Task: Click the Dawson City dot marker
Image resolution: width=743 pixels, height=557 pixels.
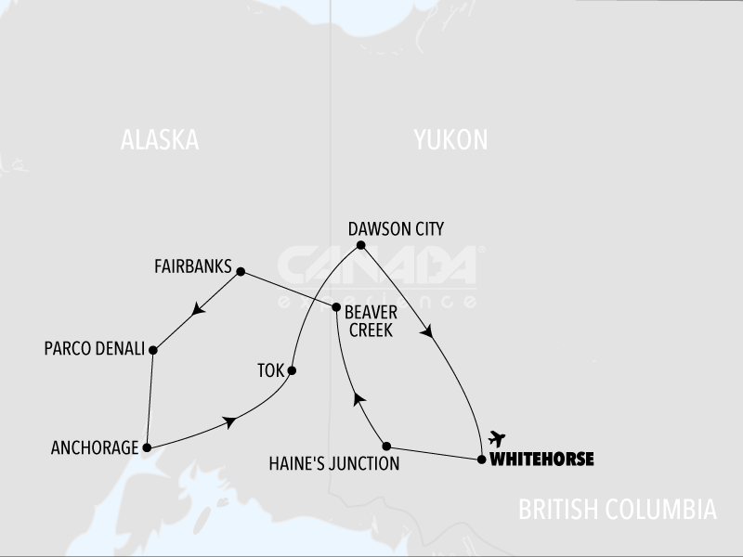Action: point(361,246)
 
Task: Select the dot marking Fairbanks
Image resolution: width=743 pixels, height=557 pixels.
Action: point(241,272)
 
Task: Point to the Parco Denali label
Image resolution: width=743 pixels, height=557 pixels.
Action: point(94,350)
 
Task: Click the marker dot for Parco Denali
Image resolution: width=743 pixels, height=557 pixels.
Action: point(153,350)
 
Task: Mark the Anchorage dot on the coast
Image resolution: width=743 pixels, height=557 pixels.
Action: point(147,448)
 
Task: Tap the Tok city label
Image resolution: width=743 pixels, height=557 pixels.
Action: point(269,371)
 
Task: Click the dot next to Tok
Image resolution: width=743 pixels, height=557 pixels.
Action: point(292,370)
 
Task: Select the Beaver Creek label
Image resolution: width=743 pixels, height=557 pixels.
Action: point(371,321)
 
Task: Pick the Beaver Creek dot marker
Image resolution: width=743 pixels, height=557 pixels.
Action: point(334,306)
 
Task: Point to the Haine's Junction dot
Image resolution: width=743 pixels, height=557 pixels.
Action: point(386,446)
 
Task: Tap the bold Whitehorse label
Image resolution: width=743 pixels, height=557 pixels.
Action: point(541,460)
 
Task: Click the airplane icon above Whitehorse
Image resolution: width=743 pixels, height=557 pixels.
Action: point(497,437)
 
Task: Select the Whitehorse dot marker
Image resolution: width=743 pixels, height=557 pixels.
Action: point(481,460)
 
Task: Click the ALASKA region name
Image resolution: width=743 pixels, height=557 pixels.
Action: point(160,140)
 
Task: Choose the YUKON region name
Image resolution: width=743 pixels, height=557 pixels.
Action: point(450,140)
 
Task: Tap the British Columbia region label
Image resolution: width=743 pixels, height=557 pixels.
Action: point(618,510)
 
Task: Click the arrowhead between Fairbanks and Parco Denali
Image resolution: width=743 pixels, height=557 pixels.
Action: point(197,312)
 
